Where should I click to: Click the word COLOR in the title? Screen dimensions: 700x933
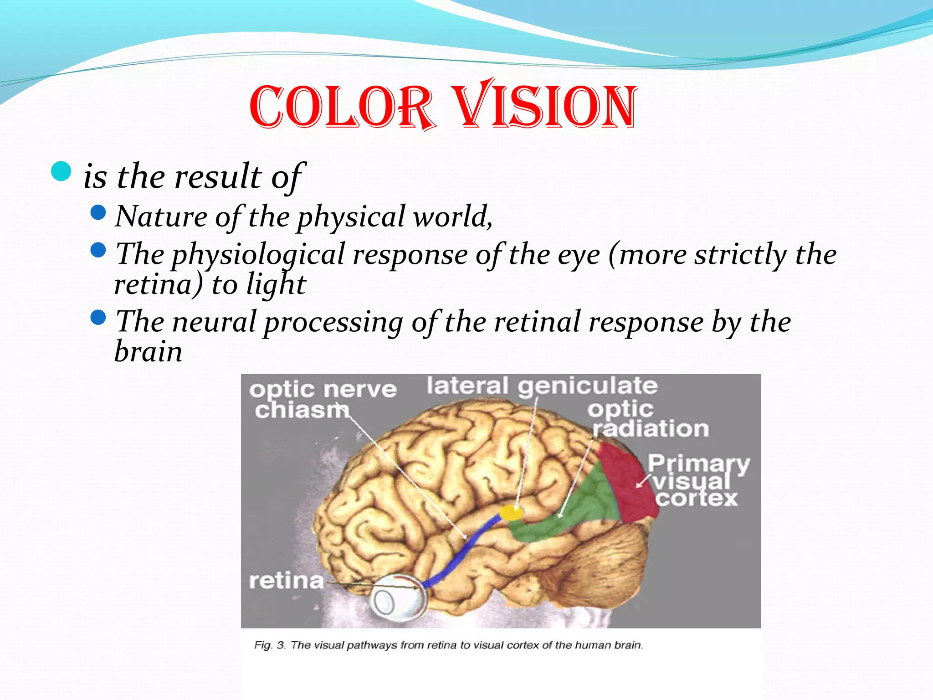point(342,107)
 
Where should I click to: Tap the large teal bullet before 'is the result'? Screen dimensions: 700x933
point(62,171)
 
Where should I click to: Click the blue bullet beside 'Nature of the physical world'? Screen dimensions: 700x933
point(98,212)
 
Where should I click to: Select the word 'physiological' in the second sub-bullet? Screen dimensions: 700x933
point(258,254)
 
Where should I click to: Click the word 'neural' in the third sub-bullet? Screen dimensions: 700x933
point(214,322)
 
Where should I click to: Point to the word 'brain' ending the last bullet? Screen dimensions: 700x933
point(148,352)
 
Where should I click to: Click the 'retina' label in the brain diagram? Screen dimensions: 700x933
point(286,581)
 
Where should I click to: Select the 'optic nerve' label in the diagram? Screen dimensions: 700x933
point(323,389)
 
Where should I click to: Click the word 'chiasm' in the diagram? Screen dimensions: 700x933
point(302,410)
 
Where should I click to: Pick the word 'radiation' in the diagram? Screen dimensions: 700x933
point(651,429)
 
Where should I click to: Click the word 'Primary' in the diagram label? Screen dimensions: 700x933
point(698,463)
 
